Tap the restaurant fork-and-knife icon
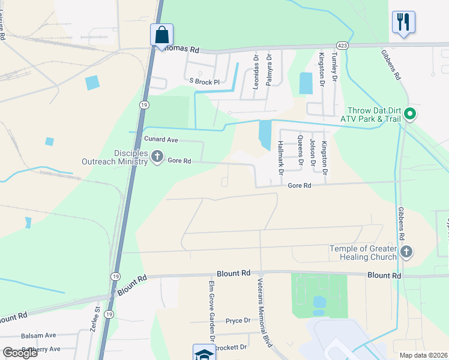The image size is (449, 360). (x=403, y=22)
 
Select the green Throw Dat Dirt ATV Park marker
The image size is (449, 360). (x=411, y=113)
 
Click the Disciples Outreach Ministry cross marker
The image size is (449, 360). (x=157, y=157)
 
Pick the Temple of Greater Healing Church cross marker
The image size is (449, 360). (x=406, y=252)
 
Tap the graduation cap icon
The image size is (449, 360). (x=203, y=353)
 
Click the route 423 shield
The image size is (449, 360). (x=342, y=46)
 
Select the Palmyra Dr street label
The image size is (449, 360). (x=270, y=70)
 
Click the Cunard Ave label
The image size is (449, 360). (x=161, y=139)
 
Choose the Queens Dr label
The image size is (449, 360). (x=300, y=150)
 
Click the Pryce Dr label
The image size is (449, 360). (x=238, y=321)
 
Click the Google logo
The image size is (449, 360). (x=20, y=353)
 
